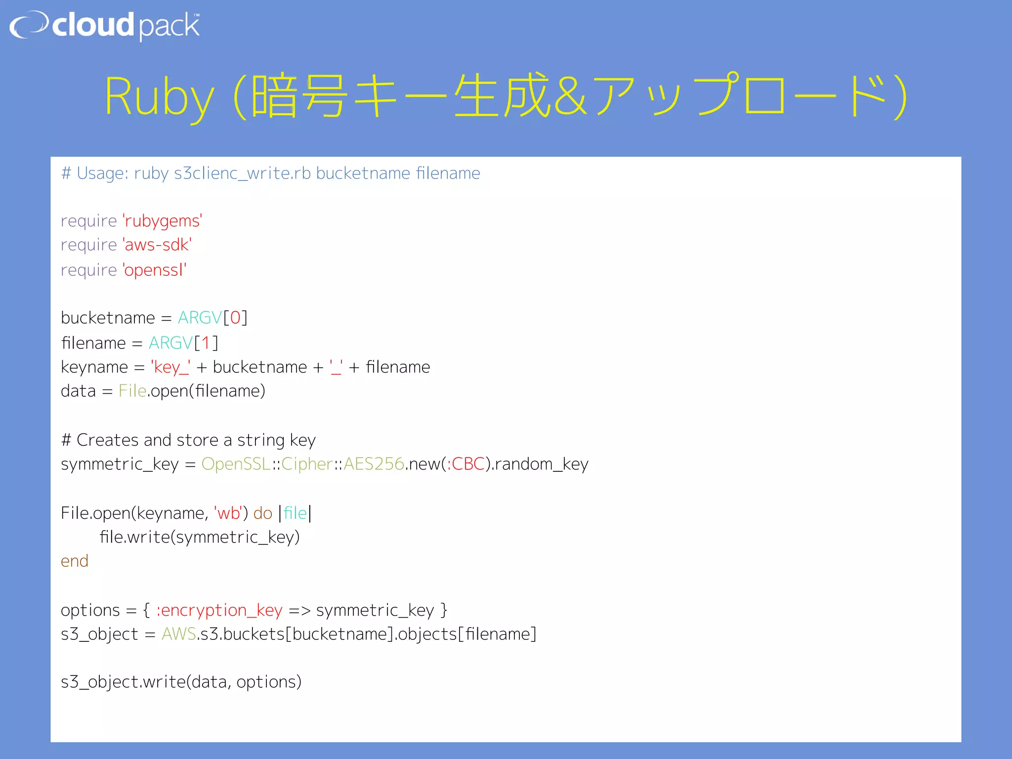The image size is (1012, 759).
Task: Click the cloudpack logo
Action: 105,26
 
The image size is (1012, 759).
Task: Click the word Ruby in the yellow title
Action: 159,97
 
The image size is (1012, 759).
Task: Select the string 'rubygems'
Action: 162,221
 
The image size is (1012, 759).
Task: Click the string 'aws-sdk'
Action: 157,245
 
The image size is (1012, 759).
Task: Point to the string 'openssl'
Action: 154,270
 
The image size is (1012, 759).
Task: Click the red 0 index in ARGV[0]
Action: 235,318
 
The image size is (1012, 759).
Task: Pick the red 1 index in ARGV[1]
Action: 206,343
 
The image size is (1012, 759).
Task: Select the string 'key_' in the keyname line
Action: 170,367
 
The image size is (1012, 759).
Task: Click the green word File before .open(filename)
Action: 132,391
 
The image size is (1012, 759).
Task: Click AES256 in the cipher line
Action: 374,464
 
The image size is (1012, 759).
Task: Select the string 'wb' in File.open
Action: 228,513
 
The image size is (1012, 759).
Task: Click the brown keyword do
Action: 262,513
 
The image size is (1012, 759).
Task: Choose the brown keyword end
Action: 75,561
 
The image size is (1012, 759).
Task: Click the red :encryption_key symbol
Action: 219,610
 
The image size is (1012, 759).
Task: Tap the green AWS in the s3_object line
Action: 179,634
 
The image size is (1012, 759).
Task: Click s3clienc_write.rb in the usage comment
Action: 242,173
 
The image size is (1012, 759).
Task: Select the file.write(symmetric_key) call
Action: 200,537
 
